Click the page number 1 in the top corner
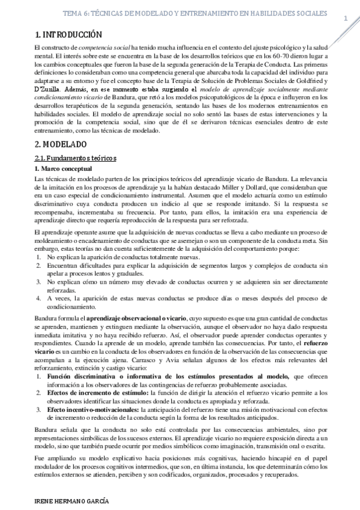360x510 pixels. click(x=346, y=17)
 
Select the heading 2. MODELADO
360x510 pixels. click(x=61, y=144)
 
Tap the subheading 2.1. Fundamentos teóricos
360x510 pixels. click(x=76, y=158)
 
